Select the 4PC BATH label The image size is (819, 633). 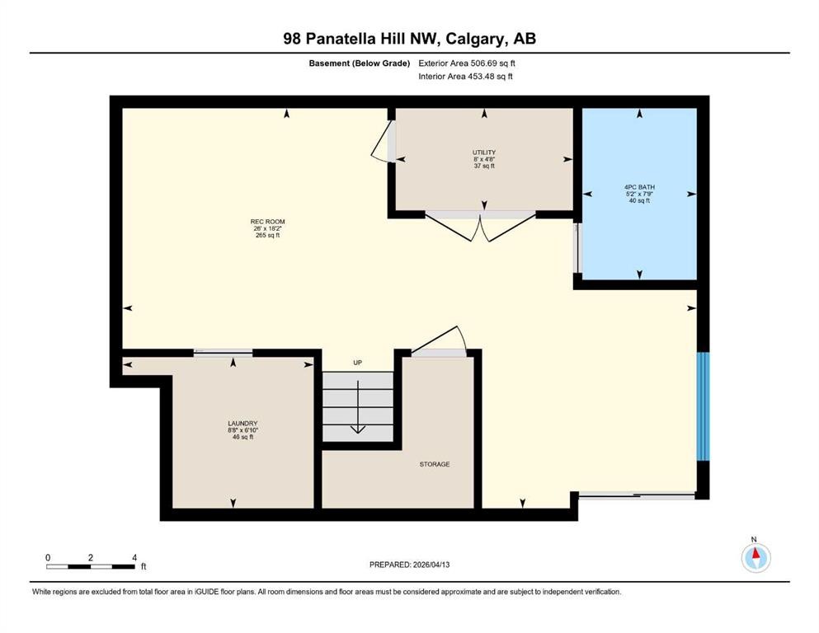point(639,188)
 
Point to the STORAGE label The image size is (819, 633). point(434,464)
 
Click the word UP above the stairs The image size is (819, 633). point(357,363)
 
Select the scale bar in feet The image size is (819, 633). point(91,566)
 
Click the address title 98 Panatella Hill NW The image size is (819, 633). point(409,38)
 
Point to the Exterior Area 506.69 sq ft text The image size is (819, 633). point(466,63)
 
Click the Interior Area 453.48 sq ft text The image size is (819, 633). point(466,77)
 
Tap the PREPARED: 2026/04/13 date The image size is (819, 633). point(410,565)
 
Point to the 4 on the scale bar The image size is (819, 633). point(134,557)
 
